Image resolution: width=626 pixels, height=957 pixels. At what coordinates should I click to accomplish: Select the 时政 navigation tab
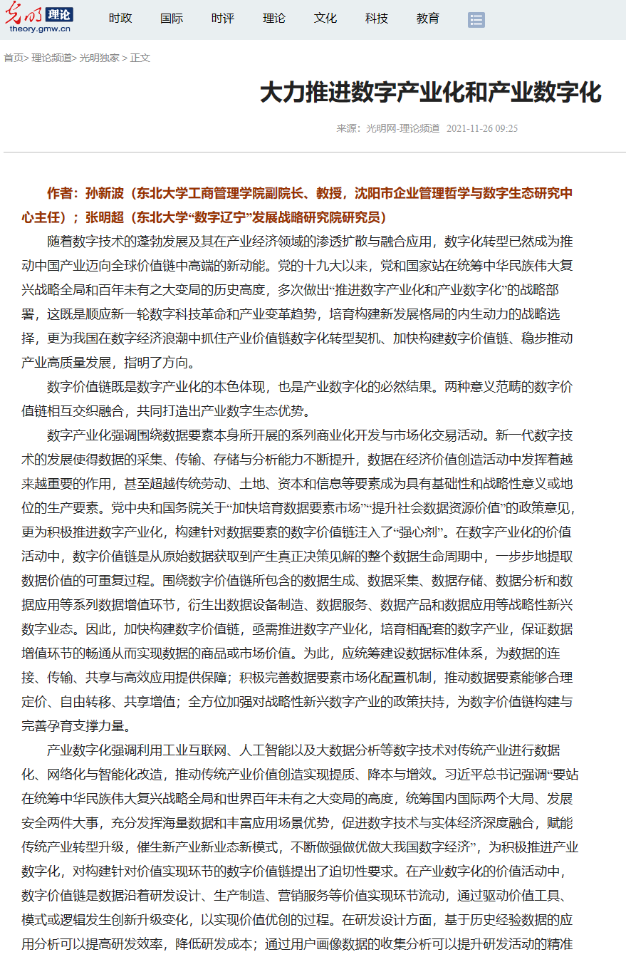(120, 19)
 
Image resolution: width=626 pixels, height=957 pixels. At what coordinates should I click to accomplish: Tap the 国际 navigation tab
(172, 19)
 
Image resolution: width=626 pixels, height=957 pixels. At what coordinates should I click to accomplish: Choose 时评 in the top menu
(223, 19)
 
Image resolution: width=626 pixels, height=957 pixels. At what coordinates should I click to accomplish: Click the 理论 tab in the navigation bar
(274, 19)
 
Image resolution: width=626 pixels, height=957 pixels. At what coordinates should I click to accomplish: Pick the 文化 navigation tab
(325, 19)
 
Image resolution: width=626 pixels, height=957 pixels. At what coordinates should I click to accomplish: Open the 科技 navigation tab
(377, 19)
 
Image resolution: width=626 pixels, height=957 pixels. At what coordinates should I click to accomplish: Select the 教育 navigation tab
(428, 19)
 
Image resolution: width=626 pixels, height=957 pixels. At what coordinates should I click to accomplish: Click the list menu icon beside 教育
(476, 20)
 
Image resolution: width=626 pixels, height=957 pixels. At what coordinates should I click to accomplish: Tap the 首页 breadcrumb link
(13, 58)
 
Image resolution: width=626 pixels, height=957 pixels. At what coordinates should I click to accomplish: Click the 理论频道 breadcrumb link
(51, 58)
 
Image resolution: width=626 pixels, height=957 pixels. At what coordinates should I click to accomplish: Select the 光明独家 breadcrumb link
(99, 58)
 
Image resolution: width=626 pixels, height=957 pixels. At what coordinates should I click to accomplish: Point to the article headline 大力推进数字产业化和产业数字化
(430, 93)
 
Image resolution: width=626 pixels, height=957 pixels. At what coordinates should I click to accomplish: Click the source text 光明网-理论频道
(402, 128)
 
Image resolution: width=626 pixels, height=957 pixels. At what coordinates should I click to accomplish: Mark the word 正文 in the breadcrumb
(140, 58)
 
